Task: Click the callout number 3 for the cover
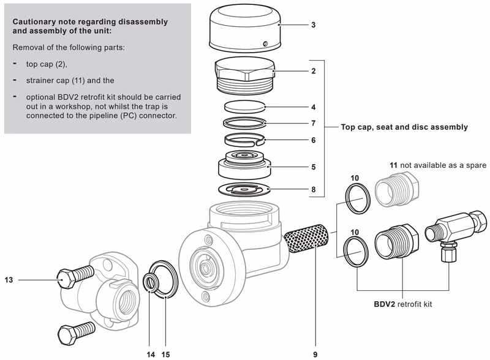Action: click(x=313, y=25)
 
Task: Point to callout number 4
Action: click(x=313, y=107)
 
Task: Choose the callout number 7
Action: click(x=313, y=123)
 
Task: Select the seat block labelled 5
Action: click(x=244, y=164)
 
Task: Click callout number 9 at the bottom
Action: click(x=315, y=353)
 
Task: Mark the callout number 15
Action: click(x=166, y=353)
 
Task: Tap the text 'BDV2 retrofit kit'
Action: click(x=403, y=304)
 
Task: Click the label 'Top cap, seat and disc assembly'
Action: click(x=404, y=127)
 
